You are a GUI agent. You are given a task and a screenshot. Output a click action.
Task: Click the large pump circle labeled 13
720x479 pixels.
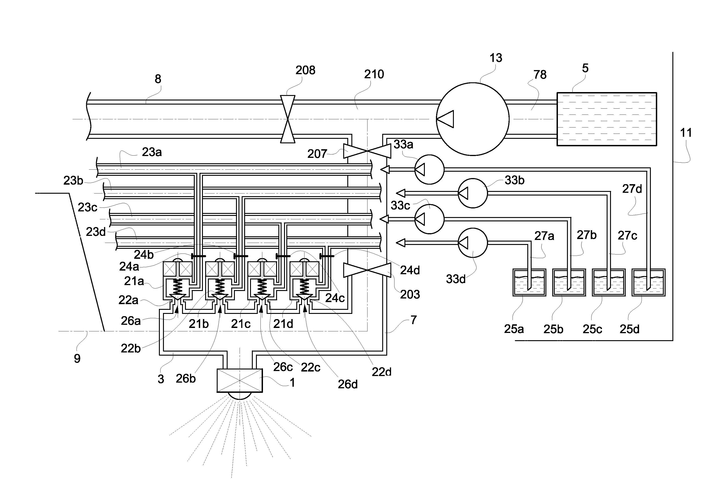point(472,119)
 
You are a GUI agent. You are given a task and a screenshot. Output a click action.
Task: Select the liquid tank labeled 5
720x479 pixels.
point(606,119)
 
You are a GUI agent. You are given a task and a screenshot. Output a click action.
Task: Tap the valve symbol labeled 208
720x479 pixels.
point(288,119)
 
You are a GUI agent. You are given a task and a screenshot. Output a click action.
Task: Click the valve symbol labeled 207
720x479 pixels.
point(367,151)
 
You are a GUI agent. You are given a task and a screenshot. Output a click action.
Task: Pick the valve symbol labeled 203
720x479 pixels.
point(367,270)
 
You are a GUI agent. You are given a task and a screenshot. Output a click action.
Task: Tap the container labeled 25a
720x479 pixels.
point(529,283)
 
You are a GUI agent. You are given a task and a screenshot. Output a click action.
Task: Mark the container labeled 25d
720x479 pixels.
point(648,283)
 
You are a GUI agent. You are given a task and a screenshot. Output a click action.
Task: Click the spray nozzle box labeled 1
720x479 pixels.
point(240,381)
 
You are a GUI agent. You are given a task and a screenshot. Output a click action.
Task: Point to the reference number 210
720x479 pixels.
point(374,74)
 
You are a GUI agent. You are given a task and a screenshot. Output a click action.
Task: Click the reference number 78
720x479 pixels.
point(540,75)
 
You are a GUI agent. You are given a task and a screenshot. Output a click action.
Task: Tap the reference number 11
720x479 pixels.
point(686,133)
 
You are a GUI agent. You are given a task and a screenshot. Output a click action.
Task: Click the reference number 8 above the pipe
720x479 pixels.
point(158,79)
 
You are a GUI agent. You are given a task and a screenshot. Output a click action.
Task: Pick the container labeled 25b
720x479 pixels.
point(569,283)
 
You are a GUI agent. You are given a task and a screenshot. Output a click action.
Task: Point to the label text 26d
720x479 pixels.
point(348,384)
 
